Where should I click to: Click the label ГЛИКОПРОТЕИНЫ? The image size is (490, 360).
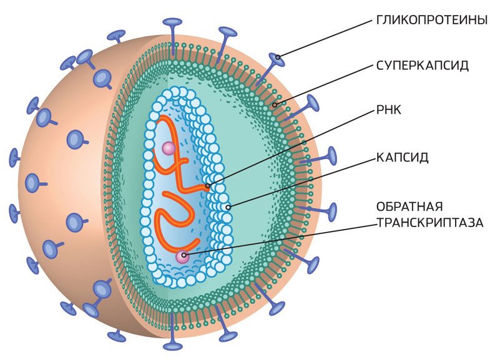(x=431, y=19)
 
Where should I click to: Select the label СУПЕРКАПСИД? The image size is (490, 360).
(x=422, y=65)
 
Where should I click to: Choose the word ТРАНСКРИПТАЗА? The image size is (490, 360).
(x=429, y=221)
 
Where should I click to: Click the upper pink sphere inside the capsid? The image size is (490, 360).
(x=168, y=148)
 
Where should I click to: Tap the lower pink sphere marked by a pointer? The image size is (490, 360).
(x=182, y=256)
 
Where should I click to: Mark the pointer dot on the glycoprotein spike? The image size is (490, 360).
(x=279, y=61)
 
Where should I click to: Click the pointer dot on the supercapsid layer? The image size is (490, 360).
(x=275, y=104)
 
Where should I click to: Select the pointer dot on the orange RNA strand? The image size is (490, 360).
(x=207, y=185)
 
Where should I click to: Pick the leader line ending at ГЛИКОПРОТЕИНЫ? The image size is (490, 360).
(x=325, y=41)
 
